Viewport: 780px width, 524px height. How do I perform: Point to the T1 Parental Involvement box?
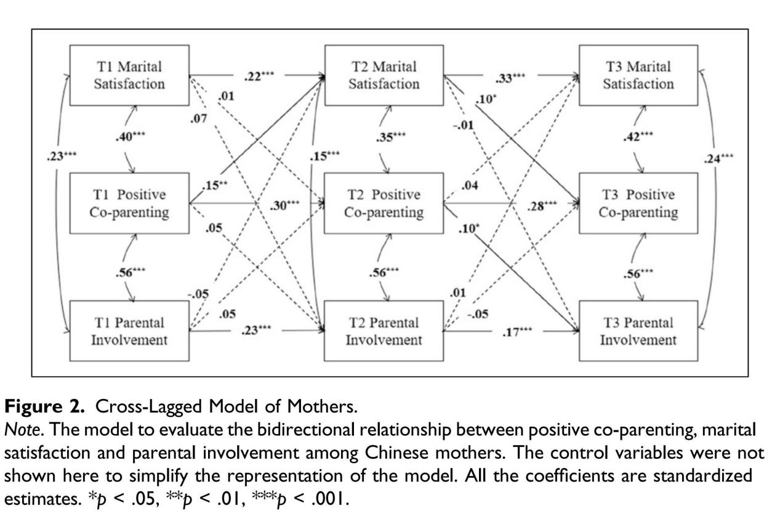click(x=128, y=331)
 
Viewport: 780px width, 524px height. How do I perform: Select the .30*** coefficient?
click(x=285, y=205)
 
